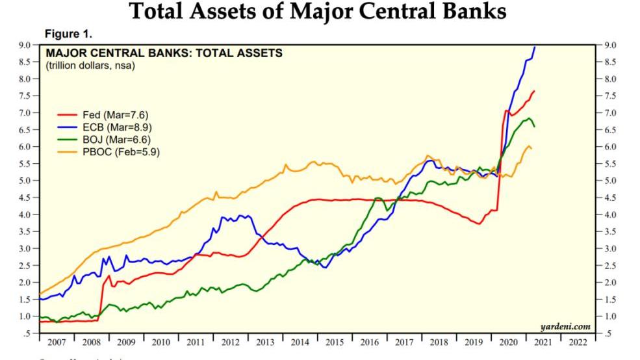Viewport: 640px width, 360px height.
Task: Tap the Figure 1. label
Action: [68, 33]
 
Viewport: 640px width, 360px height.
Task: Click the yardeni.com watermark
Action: [565, 326]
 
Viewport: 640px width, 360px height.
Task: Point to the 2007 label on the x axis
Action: [57, 341]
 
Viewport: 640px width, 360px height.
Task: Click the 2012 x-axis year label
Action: [230, 341]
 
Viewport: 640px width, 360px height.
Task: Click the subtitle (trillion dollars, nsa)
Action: [90, 65]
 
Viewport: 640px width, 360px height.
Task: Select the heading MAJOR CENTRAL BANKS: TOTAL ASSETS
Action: [163, 53]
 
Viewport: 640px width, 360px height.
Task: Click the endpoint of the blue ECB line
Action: [534, 47]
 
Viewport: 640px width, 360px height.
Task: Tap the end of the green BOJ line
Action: [534, 126]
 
